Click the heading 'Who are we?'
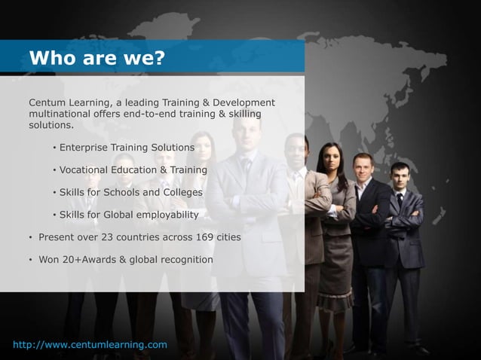96,58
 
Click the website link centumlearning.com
90,345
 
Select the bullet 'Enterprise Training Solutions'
127,146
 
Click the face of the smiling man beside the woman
366,168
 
